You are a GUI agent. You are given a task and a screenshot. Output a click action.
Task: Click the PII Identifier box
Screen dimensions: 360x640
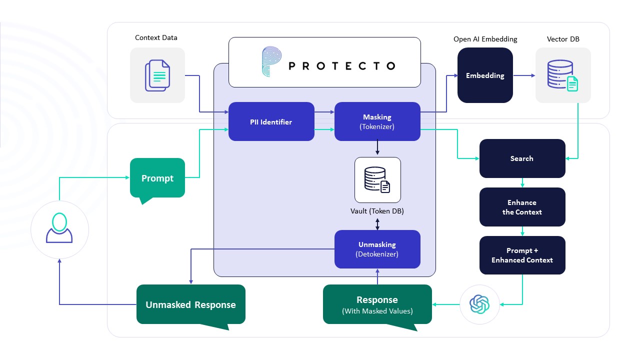(x=271, y=121)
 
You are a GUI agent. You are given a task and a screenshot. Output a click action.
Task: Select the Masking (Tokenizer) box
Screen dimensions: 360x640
(x=377, y=121)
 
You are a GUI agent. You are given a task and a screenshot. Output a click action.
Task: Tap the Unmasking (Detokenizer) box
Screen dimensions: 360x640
(x=377, y=249)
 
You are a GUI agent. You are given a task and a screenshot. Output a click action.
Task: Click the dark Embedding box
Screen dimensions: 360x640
(x=485, y=75)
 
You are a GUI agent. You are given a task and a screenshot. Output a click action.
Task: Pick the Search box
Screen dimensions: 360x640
(x=522, y=158)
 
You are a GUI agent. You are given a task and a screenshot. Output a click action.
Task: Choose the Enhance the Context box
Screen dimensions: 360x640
(x=522, y=207)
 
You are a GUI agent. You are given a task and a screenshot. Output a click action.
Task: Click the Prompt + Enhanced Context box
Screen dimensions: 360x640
(x=522, y=255)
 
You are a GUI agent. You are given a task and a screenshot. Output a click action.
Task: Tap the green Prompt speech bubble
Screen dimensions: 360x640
(x=157, y=178)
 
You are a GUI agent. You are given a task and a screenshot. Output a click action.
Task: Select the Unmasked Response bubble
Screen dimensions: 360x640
(x=190, y=304)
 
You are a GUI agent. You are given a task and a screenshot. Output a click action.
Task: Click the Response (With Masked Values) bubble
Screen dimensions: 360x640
(x=377, y=304)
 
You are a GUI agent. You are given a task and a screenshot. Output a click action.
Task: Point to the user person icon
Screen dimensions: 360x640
(x=59, y=229)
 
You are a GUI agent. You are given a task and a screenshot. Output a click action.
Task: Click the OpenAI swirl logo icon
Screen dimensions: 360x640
(x=479, y=303)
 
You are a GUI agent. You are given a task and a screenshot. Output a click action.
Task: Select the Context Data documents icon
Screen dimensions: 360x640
(x=157, y=75)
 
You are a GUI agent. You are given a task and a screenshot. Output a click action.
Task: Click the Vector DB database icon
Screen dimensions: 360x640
(x=562, y=75)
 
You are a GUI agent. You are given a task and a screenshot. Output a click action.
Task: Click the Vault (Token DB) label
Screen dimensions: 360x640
(x=377, y=211)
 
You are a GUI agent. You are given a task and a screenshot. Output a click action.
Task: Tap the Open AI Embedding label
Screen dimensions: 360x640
(x=485, y=39)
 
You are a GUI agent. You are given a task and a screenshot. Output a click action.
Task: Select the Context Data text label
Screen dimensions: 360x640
(x=156, y=37)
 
